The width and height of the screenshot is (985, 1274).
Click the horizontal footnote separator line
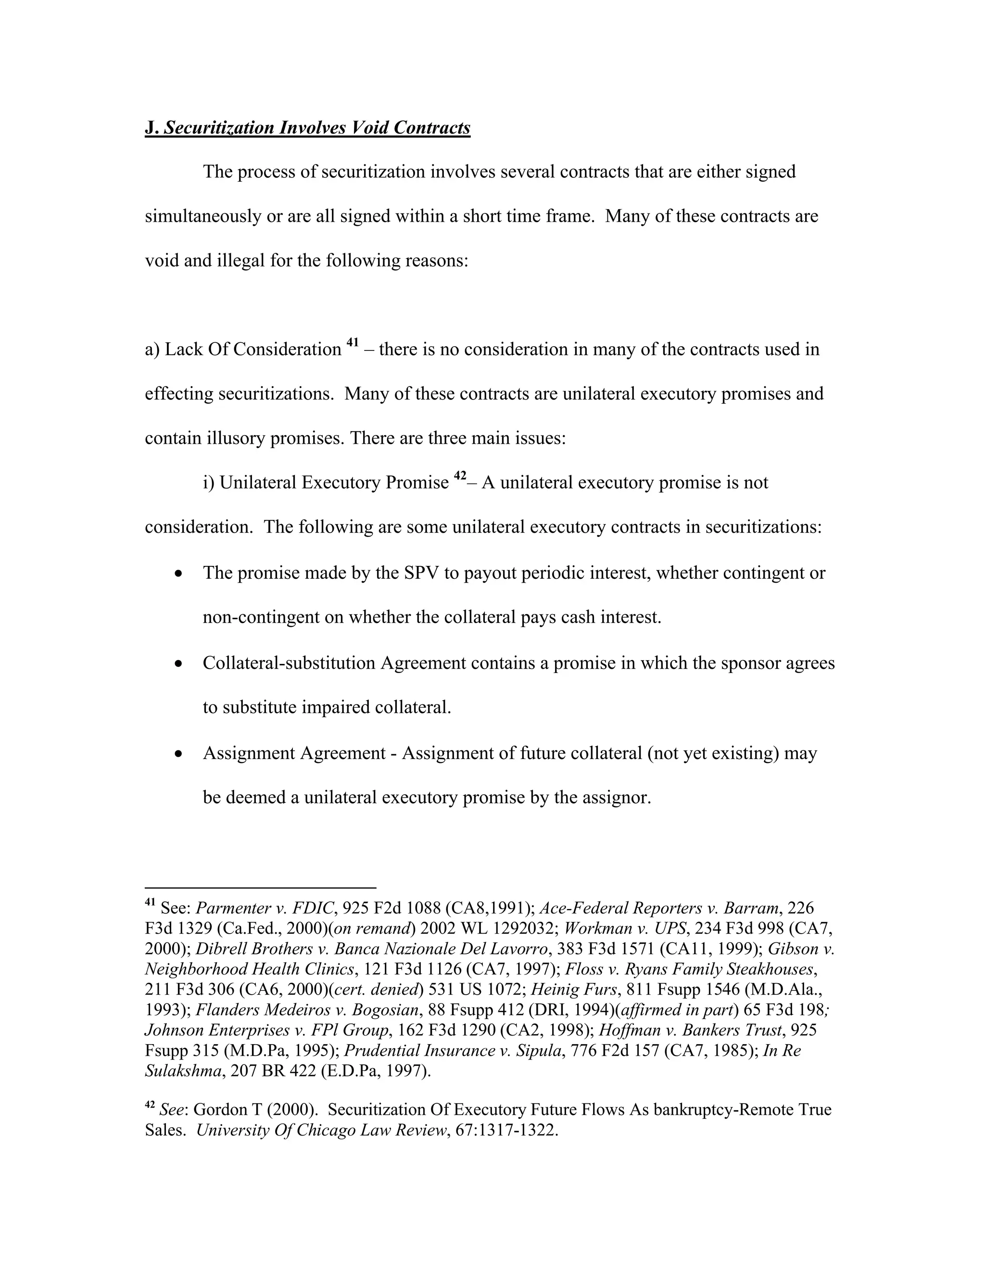(260, 887)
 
